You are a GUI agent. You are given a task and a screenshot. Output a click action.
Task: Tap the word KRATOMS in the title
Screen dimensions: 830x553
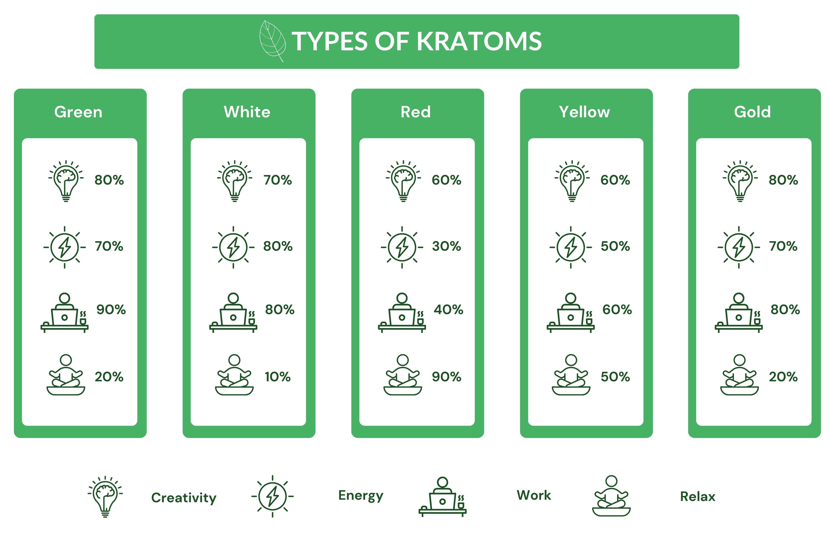click(479, 41)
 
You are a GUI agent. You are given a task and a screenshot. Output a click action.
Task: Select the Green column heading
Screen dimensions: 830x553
click(78, 112)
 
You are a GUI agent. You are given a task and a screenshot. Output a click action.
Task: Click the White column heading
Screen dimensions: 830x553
click(247, 112)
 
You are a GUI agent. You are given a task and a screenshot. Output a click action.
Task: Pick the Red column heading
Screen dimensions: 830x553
click(416, 112)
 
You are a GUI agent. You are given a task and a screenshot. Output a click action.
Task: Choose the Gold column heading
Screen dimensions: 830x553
click(752, 112)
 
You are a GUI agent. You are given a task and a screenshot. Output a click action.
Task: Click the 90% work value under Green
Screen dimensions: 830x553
click(111, 310)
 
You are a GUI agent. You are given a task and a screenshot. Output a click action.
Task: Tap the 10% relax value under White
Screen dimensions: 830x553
click(278, 377)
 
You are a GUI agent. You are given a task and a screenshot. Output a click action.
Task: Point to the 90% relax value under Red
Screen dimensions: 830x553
click(447, 377)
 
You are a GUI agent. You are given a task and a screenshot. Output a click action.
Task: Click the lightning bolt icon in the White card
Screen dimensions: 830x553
click(233, 247)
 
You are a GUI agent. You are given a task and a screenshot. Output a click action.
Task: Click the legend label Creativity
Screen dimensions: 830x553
click(184, 498)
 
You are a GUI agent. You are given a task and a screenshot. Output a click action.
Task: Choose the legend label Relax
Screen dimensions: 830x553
click(698, 497)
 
